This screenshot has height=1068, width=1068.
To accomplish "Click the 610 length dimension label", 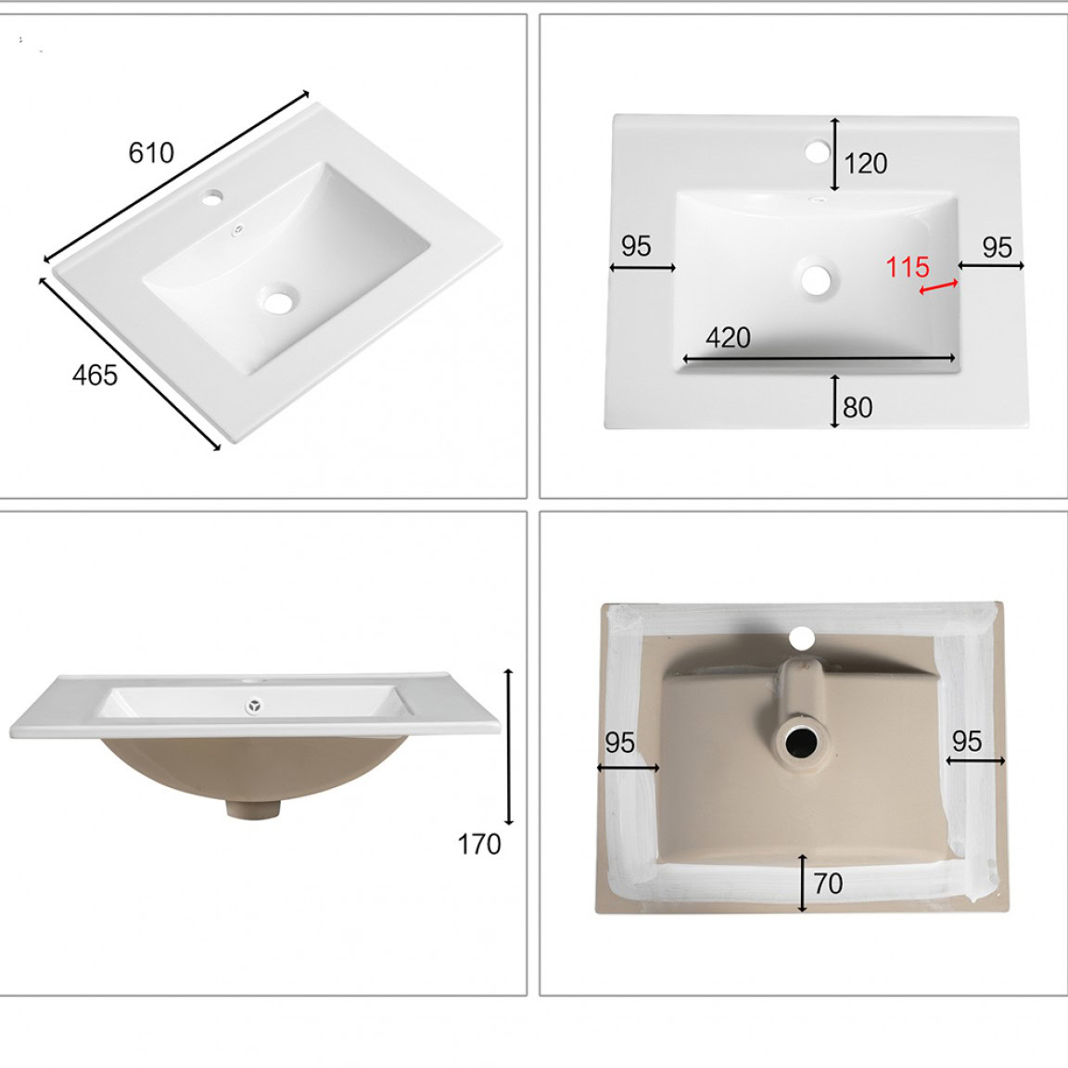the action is point(151,153).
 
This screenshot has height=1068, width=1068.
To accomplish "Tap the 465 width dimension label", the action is point(95,375).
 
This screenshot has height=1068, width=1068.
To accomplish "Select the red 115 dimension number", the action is point(908,266).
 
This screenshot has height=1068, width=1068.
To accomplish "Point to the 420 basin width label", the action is point(728,337).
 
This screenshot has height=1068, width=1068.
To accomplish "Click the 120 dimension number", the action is point(866,163).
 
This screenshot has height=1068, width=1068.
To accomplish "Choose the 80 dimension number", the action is point(858,407).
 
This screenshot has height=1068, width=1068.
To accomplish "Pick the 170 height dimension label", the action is point(479,845).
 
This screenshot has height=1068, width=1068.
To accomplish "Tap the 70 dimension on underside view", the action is point(828,884).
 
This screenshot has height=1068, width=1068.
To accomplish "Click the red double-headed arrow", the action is point(938,287).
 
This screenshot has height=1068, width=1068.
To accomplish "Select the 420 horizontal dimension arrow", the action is point(820,358).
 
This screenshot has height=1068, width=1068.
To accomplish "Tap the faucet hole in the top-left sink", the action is point(212,198).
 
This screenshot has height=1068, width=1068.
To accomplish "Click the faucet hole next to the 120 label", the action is point(816,151).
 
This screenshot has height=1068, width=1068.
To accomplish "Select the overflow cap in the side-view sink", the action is point(255,706).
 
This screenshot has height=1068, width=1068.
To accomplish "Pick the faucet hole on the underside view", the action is point(802,638).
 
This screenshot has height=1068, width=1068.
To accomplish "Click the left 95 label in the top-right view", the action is point(636,246).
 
